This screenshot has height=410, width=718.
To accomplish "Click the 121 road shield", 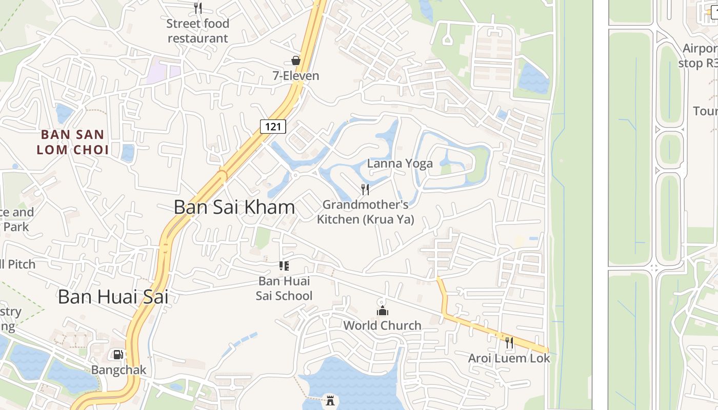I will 272,126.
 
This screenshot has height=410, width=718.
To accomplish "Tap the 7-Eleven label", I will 295,76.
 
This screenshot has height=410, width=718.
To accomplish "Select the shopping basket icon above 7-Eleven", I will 295,60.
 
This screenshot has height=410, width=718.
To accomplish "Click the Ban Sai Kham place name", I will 234,207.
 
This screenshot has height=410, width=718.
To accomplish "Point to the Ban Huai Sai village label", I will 113,297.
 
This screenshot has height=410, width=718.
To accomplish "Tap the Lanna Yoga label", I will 400,163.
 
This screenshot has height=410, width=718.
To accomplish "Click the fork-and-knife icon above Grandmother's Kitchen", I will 365,190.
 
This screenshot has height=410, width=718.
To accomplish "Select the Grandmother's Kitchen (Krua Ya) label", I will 365,212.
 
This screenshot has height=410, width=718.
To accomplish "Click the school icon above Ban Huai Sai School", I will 284,265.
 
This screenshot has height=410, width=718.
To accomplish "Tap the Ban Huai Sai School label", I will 284,288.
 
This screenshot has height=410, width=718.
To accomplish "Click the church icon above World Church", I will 382,311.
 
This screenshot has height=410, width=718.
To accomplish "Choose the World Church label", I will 382,325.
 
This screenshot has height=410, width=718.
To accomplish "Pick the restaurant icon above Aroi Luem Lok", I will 509,343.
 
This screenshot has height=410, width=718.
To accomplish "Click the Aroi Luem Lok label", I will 509,358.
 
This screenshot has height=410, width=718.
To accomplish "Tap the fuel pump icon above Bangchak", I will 118,355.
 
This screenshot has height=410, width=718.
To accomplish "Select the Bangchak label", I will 118,370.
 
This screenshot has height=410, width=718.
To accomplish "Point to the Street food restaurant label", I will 198,31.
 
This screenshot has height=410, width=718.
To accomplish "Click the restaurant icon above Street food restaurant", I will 198,8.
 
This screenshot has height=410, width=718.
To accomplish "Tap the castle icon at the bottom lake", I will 330,400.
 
